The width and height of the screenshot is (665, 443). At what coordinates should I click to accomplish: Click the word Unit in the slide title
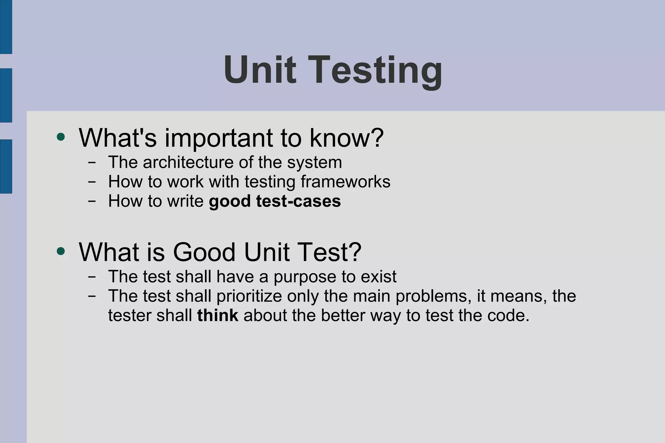pos(260,70)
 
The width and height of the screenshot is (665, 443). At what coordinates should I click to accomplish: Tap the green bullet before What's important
pos(61,137)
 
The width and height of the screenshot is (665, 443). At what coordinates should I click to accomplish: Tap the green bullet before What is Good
pos(61,251)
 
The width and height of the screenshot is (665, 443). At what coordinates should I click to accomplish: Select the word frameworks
pos(345,182)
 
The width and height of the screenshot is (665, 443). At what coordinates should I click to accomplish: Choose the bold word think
pos(218,315)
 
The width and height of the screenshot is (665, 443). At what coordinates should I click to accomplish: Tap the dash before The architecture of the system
pos(92,162)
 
